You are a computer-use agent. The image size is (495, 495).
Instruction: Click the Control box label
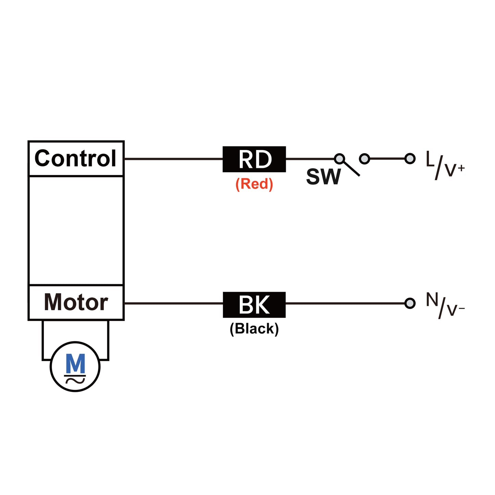click(75, 159)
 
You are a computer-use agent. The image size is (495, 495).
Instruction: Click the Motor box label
click(76, 302)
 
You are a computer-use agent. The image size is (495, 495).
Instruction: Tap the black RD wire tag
click(254, 159)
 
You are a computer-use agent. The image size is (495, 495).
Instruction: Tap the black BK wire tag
click(254, 305)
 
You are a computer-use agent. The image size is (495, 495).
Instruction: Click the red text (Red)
click(254, 184)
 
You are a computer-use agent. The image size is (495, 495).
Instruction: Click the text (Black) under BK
click(254, 329)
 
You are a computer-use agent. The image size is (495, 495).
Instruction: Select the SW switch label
click(323, 177)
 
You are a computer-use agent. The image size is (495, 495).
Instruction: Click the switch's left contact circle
click(339, 159)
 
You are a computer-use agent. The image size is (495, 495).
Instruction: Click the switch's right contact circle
click(364, 159)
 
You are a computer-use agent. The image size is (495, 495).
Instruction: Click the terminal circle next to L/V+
click(410, 159)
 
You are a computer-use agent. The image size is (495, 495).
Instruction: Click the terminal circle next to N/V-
click(410, 303)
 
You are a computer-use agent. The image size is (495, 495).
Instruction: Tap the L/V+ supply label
click(445, 165)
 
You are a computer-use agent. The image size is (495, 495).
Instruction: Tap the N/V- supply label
click(445, 306)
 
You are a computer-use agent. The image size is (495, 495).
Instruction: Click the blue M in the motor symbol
click(75, 364)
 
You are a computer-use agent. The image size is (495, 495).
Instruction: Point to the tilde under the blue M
click(75, 380)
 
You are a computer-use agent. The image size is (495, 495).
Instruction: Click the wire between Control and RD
click(173, 159)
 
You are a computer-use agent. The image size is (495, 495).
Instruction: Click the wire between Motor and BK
click(173, 303)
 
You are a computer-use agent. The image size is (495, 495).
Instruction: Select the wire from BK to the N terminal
click(344, 303)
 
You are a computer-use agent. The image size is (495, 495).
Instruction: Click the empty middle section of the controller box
click(76, 230)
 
